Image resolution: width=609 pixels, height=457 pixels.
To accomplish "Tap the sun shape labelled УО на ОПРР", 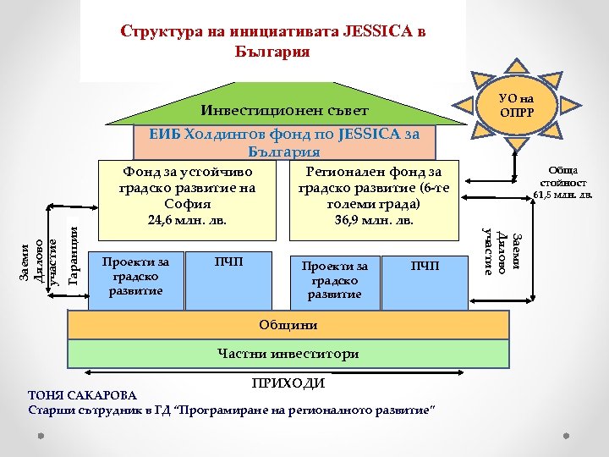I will coord(516,107).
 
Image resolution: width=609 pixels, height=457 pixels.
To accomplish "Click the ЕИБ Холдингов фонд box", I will coord(284,143).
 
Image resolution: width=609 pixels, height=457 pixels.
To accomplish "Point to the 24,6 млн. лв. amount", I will coord(188,221).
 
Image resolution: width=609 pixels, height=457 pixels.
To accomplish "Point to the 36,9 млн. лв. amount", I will coord(375,221).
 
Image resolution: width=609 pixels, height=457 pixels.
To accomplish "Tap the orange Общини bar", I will coord(289,325).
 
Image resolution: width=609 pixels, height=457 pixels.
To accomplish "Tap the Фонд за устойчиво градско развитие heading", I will coord(188,186).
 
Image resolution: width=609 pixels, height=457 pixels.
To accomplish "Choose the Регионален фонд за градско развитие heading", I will coord(375,186).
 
